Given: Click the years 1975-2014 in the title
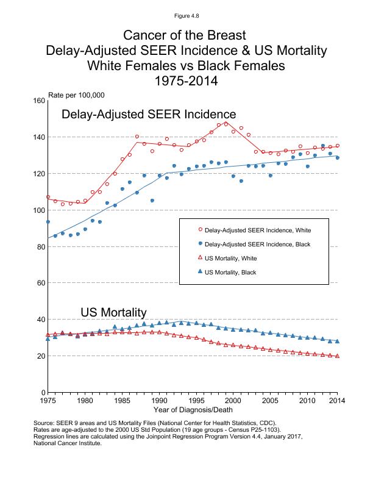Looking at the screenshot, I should pos(187,80).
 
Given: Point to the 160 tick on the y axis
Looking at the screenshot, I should pos(37,101).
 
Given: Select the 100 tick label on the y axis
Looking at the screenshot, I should pos(37,210).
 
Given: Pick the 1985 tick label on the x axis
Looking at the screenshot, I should pos(123,401).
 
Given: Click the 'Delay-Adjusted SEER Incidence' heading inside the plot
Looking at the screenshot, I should pos(149,114).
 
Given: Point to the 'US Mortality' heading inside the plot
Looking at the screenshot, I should pos(113,312).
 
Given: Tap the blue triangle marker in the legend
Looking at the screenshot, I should pos(201,272).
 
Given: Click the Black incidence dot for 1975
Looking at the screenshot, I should pos(48,221).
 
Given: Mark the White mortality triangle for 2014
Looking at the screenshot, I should pos(337,356).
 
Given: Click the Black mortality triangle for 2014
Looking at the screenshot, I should pos(337,342).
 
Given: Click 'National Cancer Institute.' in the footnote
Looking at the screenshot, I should pos(68,443).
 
